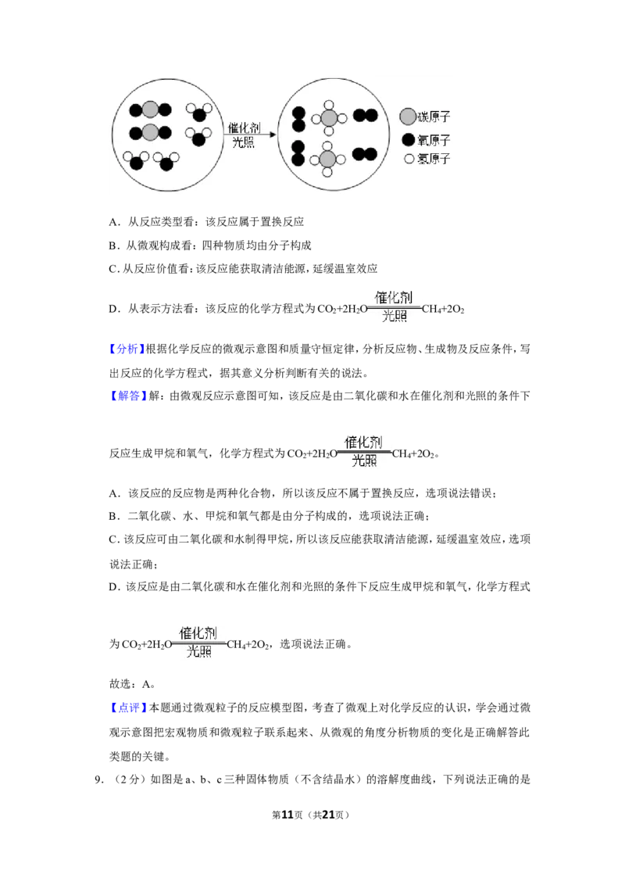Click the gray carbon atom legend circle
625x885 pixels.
408,116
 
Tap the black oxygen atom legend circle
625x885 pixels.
409,139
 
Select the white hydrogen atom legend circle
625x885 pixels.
409,159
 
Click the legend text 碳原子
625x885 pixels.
434,116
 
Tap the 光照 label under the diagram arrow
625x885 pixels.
244,142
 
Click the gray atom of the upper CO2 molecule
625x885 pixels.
150,109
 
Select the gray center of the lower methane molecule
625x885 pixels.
327,158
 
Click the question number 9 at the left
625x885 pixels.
98,780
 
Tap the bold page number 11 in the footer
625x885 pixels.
287,815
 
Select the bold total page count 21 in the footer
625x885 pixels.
328,815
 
